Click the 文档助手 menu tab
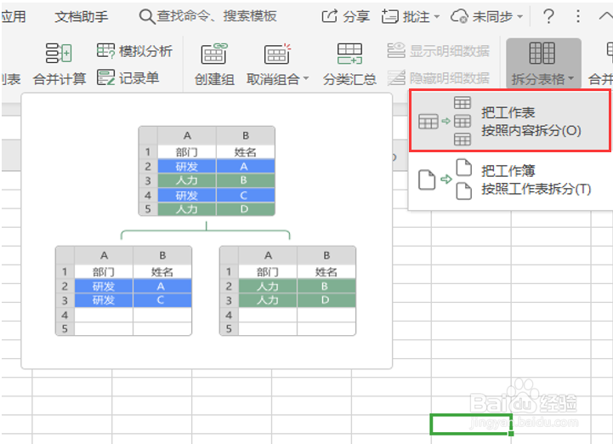(x=82, y=16)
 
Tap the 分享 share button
(x=346, y=16)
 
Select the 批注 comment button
(x=412, y=16)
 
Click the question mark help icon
(x=549, y=16)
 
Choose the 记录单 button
(x=128, y=78)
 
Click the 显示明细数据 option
(x=439, y=51)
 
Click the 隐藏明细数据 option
(x=439, y=78)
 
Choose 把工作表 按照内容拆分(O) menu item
(x=509, y=121)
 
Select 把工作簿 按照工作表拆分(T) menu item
(x=509, y=179)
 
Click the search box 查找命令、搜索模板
(x=208, y=16)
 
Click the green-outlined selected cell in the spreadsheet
(x=470, y=424)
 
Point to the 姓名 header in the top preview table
(x=245, y=152)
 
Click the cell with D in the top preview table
(x=245, y=208)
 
